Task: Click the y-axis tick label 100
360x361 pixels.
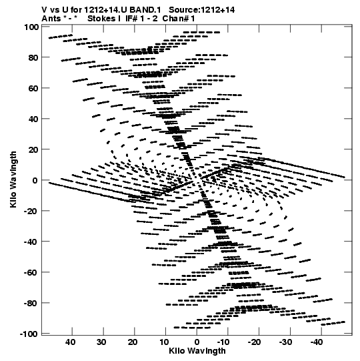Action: click(31, 27)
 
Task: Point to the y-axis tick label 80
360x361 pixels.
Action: click(33, 57)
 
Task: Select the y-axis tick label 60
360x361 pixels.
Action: click(33, 88)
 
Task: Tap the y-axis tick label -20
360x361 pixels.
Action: click(31, 211)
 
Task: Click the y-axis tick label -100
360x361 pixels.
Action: click(29, 334)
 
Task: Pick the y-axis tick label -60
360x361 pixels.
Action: click(31, 273)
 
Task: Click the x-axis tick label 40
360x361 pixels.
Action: click(70, 342)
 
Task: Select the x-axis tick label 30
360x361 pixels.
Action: click(101, 342)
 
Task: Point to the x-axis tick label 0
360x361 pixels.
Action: click(197, 342)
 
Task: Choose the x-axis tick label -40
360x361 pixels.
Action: click(316, 342)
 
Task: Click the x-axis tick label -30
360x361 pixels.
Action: click(285, 342)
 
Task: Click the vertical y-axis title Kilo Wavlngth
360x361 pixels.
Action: click(13, 179)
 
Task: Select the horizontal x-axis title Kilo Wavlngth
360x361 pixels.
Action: click(197, 351)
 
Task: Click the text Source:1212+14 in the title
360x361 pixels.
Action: click(202, 10)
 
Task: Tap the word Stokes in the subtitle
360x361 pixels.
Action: click(101, 19)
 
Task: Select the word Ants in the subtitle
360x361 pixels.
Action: click(51, 19)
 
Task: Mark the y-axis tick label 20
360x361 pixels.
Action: click(33, 149)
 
